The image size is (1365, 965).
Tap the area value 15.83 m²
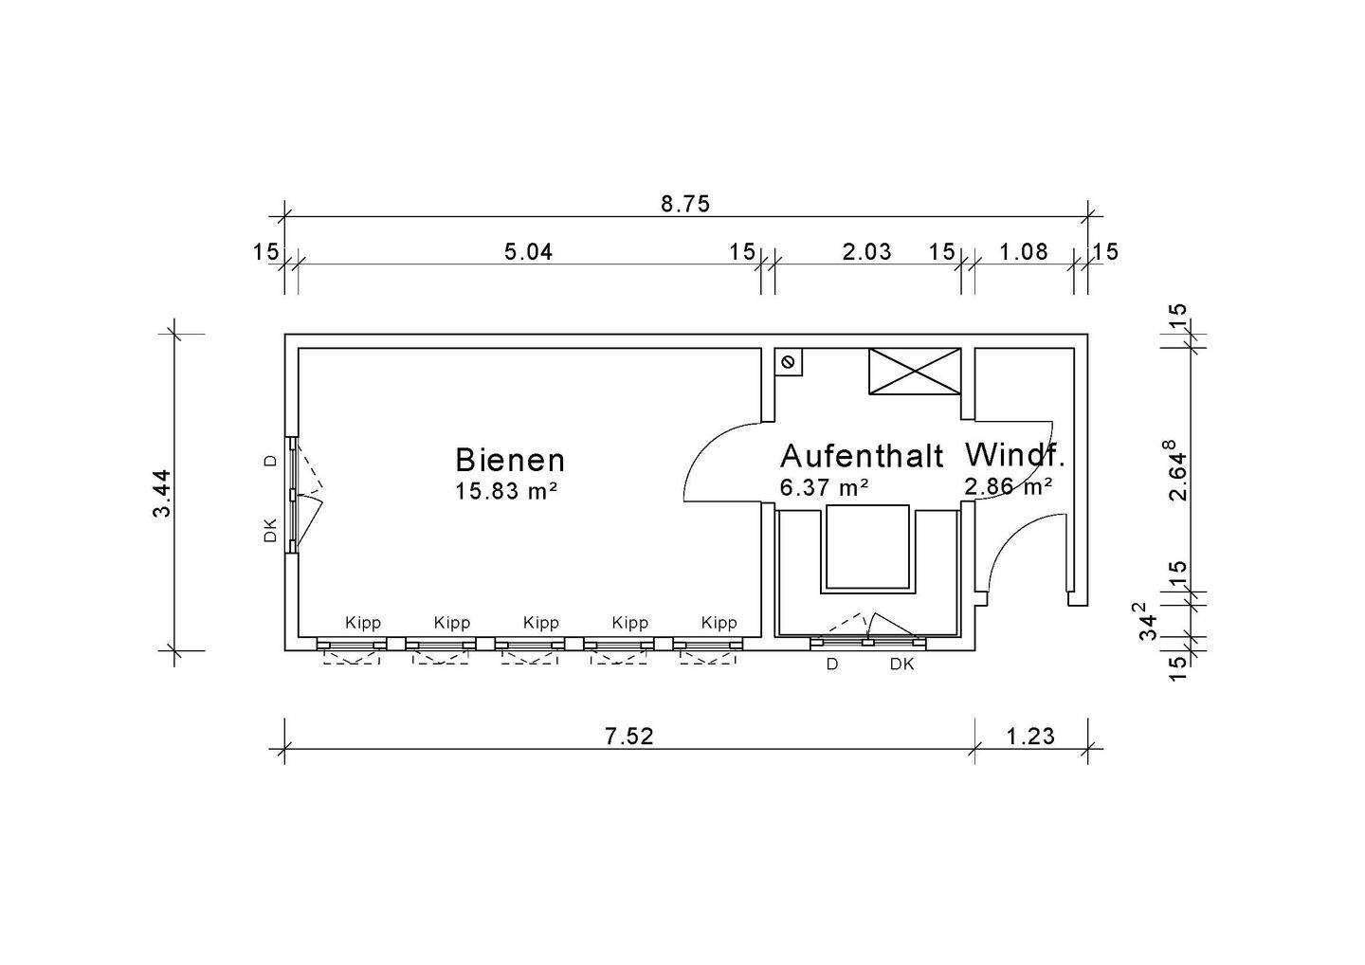coord(506,490)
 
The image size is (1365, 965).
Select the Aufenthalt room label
coord(862,456)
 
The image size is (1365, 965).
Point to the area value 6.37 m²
coord(824,487)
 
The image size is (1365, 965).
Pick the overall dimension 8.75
coord(685,204)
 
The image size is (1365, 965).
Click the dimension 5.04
coord(528,251)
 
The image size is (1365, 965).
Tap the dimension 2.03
coord(866,251)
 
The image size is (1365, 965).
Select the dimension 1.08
coord(1024,251)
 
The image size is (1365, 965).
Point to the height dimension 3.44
coord(162,492)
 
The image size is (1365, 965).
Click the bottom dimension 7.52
coord(628,737)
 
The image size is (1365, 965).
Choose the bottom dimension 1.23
coord(1030,737)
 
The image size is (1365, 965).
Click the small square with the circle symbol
coord(788,362)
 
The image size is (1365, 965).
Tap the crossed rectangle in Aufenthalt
coord(915,371)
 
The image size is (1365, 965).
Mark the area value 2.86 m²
coord(1008,486)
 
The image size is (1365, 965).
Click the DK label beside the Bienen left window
coord(270,530)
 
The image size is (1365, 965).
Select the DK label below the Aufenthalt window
coord(901,665)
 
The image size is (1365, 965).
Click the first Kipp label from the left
coord(363,623)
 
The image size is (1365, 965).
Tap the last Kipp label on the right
coord(719,623)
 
